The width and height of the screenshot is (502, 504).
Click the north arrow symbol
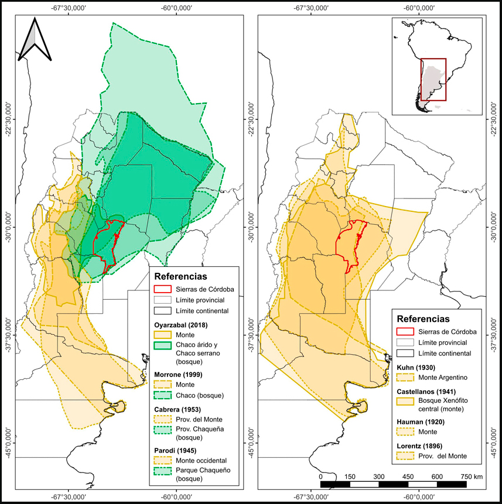35,40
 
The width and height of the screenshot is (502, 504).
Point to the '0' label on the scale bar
320,476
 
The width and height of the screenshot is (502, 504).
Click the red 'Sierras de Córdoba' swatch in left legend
163,289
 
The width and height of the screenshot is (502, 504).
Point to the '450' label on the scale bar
408,476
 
